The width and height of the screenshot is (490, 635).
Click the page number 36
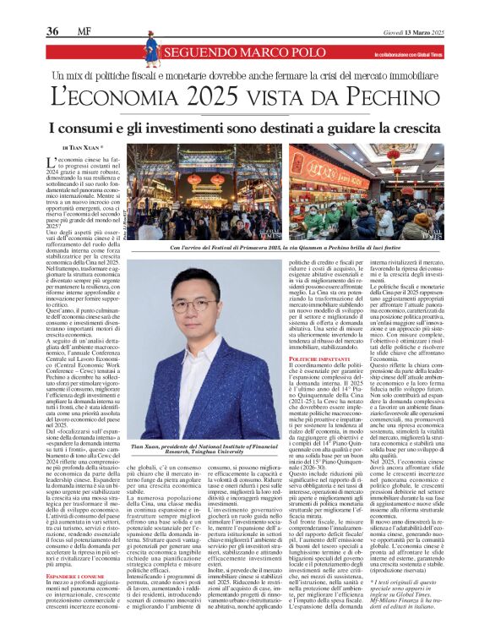tap(52, 30)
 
